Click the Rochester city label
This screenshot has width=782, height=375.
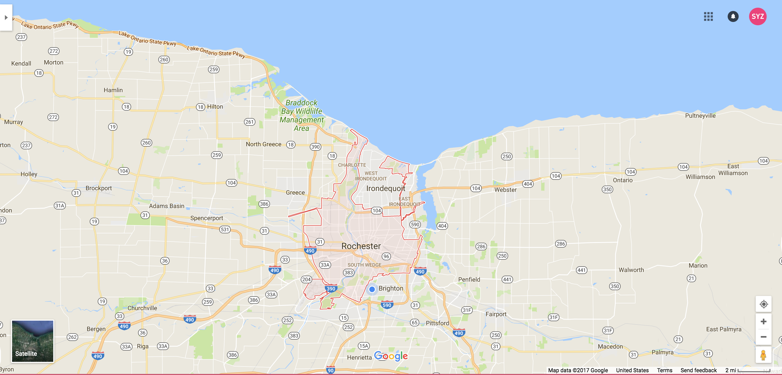pyautogui.click(x=361, y=246)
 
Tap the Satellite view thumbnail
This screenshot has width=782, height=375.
pyautogui.click(x=32, y=341)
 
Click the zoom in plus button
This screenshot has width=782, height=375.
pyautogui.click(x=763, y=321)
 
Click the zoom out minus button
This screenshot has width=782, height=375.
pyautogui.click(x=763, y=337)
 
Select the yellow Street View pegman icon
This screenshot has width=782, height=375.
pyautogui.click(x=763, y=355)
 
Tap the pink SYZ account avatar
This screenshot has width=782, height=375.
pyautogui.click(x=757, y=16)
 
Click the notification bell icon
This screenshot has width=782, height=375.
pyautogui.click(x=733, y=16)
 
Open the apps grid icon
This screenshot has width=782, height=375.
pyautogui.click(x=708, y=16)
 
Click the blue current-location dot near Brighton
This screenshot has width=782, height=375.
pyautogui.click(x=372, y=289)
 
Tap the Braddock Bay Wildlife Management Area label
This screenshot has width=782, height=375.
pyautogui.click(x=302, y=115)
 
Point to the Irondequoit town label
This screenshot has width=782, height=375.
pyautogui.click(x=386, y=188)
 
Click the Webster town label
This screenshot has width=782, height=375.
pyautogui.click(x=505, y=190)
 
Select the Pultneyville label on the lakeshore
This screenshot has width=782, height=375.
pyautogui.click(x=700, y=116)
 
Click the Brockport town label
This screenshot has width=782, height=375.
pyautogui.click(x=99, y=188)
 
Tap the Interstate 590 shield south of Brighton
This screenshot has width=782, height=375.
pyautogui.click(x=387, y=305)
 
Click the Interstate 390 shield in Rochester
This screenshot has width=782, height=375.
pyautogui.click(x=331, y=289)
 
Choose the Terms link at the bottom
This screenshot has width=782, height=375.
pyautogui.click(x=665, y=370)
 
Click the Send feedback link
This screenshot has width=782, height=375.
pyautogui.click(x=698, y=370)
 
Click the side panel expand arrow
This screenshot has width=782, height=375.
pyautogui.click(x=6, y=17)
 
